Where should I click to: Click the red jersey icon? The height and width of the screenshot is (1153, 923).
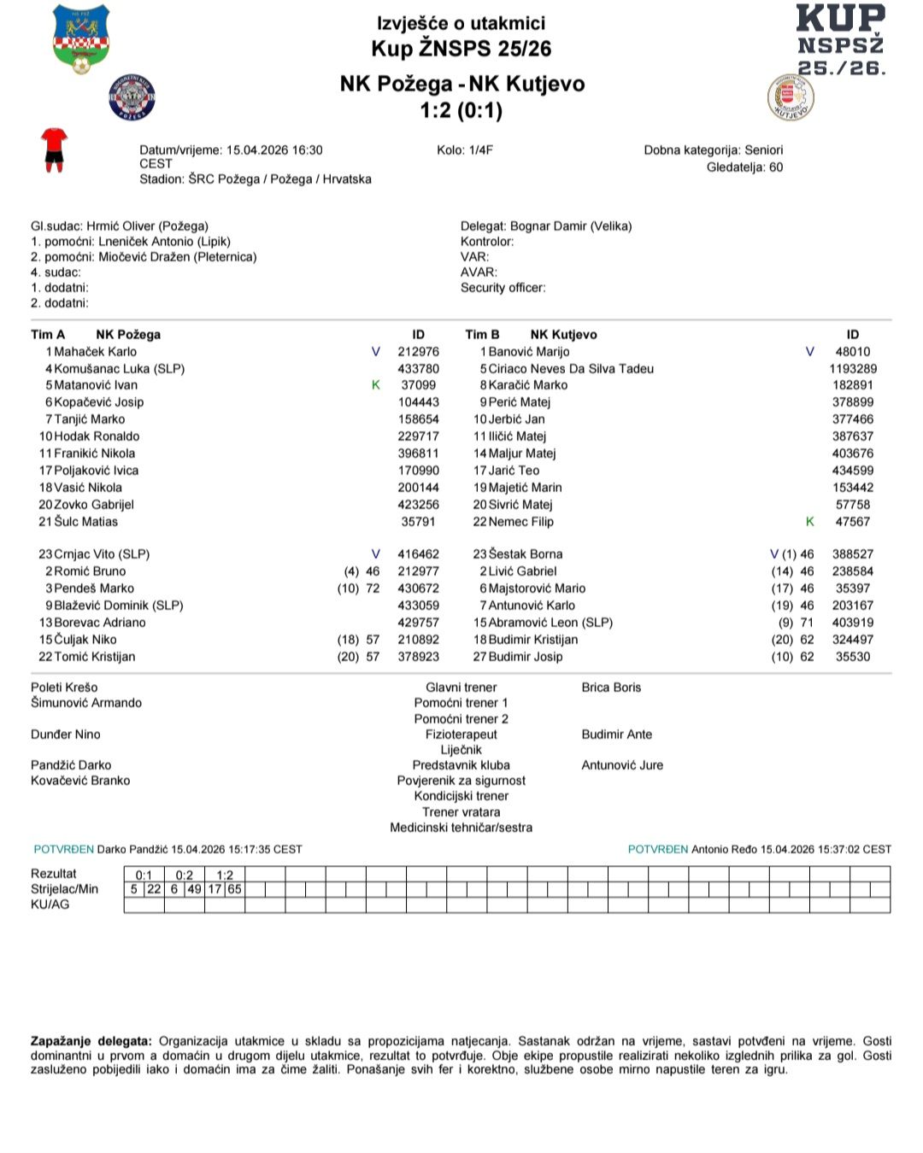tap(54, 150)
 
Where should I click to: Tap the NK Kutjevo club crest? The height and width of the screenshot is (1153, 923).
tap(791, 97)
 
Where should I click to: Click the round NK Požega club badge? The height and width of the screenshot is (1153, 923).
tap(132, 97)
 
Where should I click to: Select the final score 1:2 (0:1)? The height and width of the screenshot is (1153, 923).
tap(461, 110)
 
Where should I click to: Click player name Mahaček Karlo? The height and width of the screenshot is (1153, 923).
tap(95, 352)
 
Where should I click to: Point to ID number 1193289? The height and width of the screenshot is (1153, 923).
tap(852, 369)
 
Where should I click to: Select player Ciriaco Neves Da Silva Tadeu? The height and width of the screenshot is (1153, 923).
tap(570, 369)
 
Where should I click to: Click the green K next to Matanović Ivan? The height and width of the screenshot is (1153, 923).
tap(376, 385)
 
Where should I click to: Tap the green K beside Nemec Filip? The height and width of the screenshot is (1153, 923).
tap(809, 522)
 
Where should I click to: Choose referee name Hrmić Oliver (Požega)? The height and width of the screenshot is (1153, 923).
tap(147, 226)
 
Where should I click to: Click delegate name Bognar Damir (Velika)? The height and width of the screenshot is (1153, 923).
tap(571, 226)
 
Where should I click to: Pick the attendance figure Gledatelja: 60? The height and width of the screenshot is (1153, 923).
tap(744, 167)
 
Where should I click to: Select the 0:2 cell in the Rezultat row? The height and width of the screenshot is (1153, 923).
tap(185, 875)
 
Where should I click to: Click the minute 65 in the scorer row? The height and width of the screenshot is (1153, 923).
tap(234, 889)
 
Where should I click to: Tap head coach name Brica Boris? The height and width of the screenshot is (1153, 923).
tap(611, 688)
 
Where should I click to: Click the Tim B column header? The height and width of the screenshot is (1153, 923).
tap(482, 335)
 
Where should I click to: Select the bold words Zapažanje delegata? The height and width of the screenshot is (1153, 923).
tap(91, 1041)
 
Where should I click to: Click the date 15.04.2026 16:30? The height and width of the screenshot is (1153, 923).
tap(274, 150)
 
